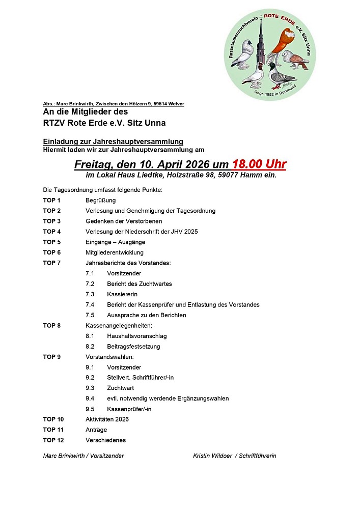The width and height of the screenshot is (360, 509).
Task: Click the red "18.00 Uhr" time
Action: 259,164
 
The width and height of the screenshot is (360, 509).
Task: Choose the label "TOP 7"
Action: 52,263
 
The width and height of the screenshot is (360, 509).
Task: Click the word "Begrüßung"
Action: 100,200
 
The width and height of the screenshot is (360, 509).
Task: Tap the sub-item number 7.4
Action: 90,304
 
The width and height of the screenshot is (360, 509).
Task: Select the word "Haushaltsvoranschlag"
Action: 136,336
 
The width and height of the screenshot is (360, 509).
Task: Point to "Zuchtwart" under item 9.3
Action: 120,388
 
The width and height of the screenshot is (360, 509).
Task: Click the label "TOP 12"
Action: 53,440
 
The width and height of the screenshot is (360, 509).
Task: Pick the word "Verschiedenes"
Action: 105,440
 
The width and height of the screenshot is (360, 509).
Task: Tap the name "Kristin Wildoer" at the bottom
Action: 213,456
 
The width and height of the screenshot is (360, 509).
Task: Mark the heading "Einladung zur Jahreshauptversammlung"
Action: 113,142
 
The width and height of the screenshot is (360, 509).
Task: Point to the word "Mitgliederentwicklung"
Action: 114,252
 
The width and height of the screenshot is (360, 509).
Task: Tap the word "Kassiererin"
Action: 122,294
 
